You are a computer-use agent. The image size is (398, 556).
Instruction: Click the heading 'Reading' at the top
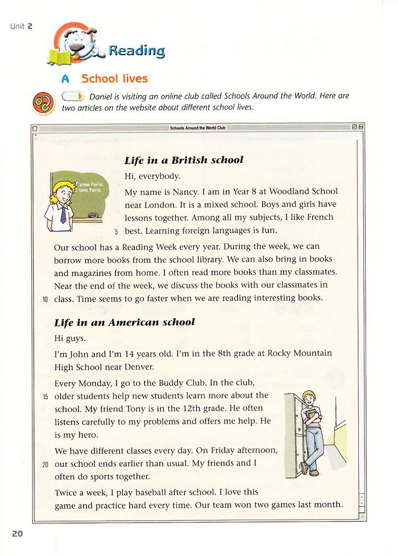point(136,50)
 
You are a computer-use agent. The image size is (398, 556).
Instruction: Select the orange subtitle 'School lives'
point(114,78)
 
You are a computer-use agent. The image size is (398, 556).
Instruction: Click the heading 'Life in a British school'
point(184,160)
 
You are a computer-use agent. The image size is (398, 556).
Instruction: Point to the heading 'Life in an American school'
point(125,322)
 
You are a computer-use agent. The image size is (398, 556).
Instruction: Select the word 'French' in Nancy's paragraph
point(319,217)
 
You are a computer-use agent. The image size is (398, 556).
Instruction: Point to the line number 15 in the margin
point(45,396)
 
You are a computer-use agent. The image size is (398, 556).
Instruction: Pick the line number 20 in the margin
point(45,464)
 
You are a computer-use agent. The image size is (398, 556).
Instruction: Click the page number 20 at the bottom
point(17,533)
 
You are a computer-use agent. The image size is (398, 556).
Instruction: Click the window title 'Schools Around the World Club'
point(197,128)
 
